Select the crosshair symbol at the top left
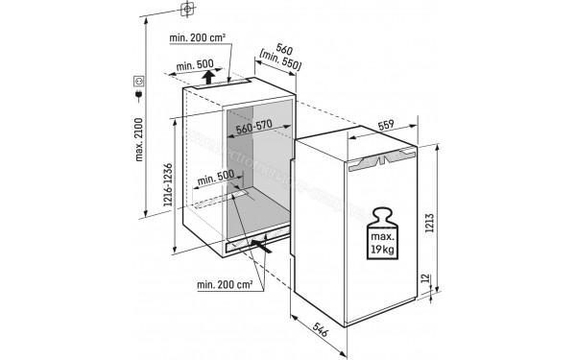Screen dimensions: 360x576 (x=187, y=9)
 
